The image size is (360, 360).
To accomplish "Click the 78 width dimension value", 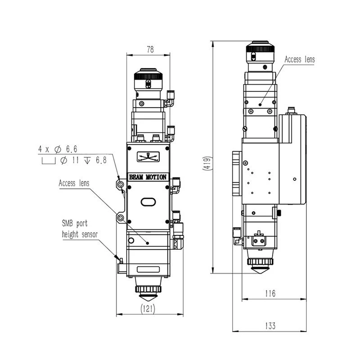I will (x=150, y=50).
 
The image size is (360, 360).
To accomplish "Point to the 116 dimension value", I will (x=270, y=293).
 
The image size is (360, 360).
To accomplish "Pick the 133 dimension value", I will (x=270, y=325).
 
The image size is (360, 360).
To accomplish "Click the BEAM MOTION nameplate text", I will (x=148, y=177).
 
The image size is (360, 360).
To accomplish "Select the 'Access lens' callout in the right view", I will (x=300, y=59).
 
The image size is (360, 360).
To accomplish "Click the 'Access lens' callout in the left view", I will (x=74, y=183).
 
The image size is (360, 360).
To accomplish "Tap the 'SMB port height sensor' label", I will (x=80, y=229).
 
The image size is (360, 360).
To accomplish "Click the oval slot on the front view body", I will (x=148, y=202).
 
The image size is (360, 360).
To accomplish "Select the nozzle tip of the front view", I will (x=148, y=297).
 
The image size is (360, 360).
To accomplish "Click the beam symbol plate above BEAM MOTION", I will (x=148, y=157).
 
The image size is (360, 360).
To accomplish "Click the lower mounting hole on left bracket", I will (x=120, y=218).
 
